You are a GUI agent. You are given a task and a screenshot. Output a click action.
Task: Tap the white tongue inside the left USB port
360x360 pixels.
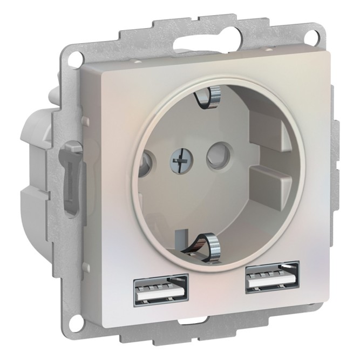(161, 294)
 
